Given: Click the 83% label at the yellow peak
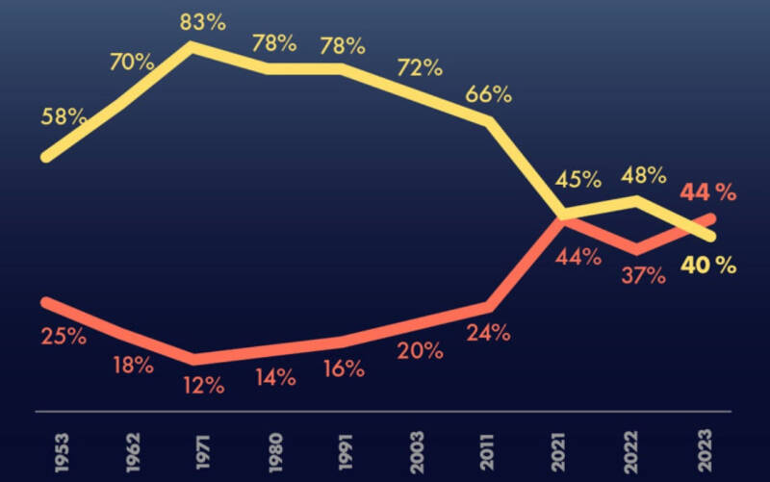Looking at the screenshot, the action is (x=202, y=22).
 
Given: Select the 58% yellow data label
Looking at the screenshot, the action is (x=64, y=116).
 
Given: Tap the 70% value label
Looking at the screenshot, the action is (x=132, y=62).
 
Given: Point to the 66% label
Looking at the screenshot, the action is (x=488, y=93).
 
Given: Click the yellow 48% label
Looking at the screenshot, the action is (x=643, y=175).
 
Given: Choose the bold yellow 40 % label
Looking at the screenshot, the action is (x=708, y=266).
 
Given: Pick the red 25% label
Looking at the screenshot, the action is (x=64, y=337).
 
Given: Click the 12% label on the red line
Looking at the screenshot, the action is (x=204, y=386).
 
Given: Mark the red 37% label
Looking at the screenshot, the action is (x=643, y=276).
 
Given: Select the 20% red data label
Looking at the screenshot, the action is (x=420, y=351).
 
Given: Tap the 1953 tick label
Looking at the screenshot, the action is (x=62, y=452).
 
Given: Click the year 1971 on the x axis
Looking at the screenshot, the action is (x=203, y=452).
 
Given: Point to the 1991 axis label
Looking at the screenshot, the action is (x=346, y=452).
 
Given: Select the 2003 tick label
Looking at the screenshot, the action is (x=417, y=452).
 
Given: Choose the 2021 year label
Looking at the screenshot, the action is (x=558, y=452).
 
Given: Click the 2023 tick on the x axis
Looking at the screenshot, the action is (x=705, y=450).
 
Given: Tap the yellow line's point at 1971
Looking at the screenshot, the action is (x=192, y=46).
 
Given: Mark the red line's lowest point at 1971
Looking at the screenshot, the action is (x=193, y=359).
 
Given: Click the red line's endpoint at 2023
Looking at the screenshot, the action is (x=710, y=218).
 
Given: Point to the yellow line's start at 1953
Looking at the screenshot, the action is (x=46, y=157).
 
